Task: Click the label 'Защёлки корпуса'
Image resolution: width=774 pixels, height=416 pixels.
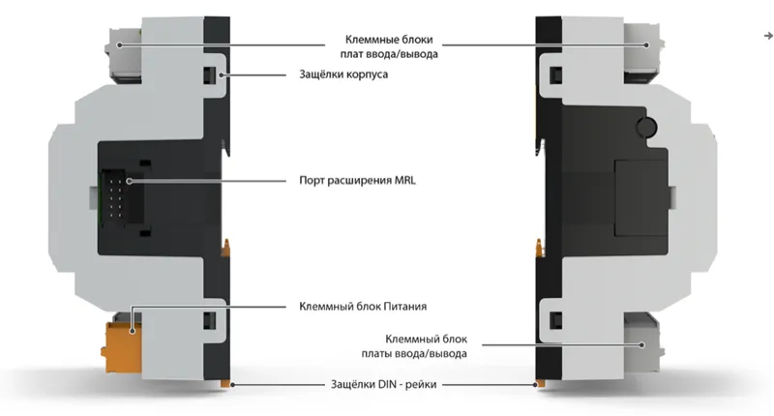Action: tap(343, 74)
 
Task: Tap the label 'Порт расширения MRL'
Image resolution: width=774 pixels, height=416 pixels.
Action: tap(357, 180)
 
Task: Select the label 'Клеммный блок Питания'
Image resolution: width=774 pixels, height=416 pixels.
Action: tap(363, 307)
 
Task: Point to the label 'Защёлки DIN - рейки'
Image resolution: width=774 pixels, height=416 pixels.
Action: tap(383, 384)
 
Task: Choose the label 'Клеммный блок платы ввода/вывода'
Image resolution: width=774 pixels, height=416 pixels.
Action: tap(414, 346)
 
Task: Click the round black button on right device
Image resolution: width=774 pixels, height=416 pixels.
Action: tap(646, 127)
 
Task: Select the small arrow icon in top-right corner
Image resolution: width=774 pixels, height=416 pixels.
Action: tap(768, 36)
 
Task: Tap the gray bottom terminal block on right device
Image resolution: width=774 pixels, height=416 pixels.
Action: tap(642, 342)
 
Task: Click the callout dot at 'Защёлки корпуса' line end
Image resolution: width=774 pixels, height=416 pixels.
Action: tap(223, 75)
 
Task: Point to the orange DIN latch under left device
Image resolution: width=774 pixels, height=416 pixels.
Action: tap(225, 383)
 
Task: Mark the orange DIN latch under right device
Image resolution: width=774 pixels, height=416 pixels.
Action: tap(541, 383)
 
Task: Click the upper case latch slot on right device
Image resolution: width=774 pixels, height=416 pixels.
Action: tap(556, 75)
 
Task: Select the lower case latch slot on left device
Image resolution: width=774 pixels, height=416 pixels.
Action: tap(210, 320)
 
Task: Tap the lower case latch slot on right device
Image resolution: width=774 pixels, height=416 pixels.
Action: tap(556, 320)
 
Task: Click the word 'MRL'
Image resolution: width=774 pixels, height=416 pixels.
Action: tap(405, 180)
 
